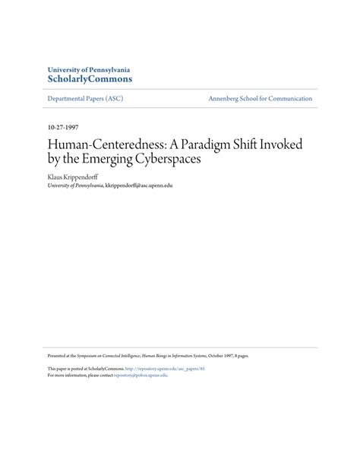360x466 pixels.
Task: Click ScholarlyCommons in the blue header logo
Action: click(90, 78)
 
